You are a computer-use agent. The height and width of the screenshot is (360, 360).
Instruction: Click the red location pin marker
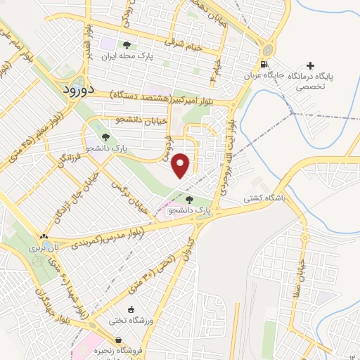181,165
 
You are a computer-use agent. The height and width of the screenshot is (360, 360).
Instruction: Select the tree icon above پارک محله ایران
127,44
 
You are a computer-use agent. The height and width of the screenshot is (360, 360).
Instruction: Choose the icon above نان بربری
44,237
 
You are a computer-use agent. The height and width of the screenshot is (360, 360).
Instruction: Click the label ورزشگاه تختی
127,321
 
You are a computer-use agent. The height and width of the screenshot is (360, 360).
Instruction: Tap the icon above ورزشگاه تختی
131,309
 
